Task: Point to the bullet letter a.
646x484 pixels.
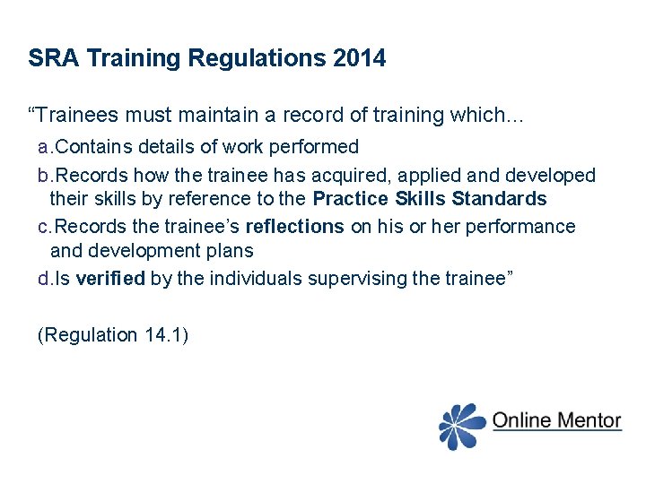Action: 45,146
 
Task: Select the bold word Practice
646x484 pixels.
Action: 350,198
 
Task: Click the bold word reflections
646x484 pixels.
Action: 294,227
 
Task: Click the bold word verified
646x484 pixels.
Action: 110,279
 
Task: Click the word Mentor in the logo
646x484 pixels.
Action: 587,419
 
